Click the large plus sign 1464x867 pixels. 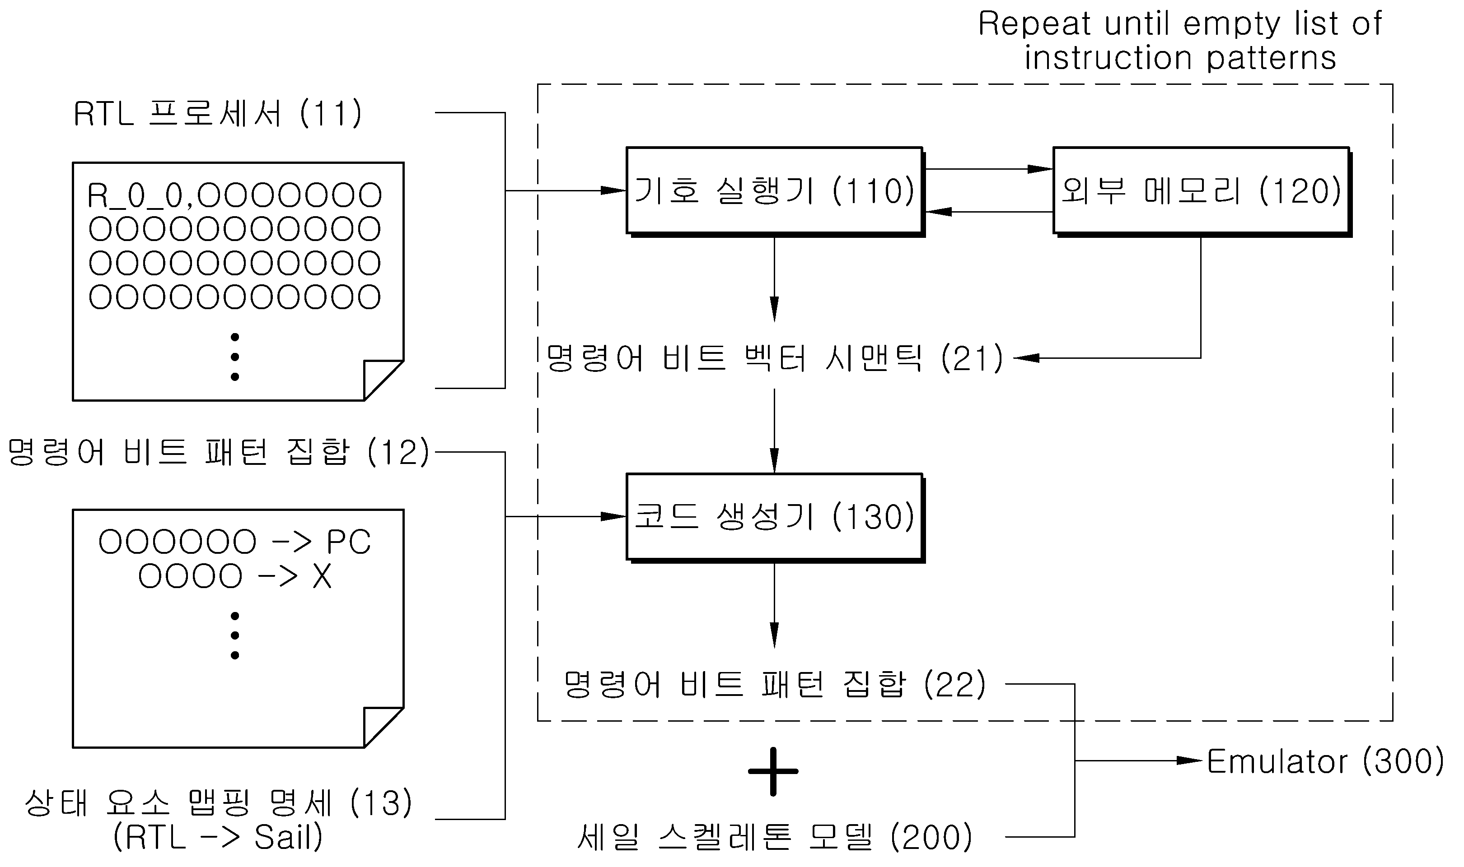(x=773, y=771)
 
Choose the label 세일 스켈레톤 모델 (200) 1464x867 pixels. (x=775, y=837)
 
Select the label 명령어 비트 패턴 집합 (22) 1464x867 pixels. (x=775, y=684)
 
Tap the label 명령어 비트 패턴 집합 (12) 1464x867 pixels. (x=218, y=452)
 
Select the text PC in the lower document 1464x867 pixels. (x=348, y=542)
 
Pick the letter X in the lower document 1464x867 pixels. (x=322, y=577)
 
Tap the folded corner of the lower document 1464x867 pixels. (x=384, y=728)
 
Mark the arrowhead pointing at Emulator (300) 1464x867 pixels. (x=1190, y=760)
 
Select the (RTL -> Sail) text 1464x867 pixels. (x=218, y=837)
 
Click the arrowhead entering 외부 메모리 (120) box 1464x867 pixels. (x=1040, y=169)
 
